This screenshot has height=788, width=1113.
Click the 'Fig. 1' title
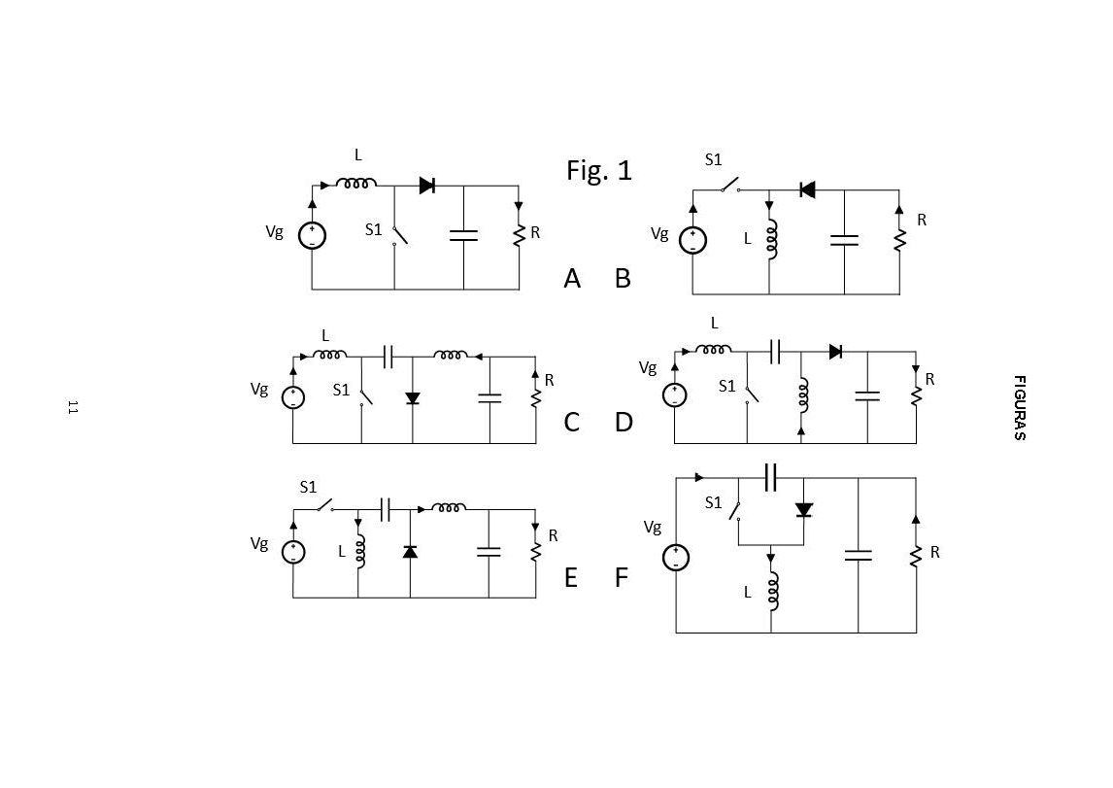[x=599, y=170]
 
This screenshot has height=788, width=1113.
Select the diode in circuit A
[x=426, y=186]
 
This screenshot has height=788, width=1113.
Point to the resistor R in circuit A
[x=519, y=234]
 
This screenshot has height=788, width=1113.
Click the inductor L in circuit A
[x=356, y=183]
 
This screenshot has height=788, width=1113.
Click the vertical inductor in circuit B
[x=771, y=239]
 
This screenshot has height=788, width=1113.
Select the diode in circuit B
[x=806, y=189]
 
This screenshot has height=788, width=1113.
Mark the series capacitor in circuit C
[x=388, y=357]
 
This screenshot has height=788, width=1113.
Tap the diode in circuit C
[x=412, y=397]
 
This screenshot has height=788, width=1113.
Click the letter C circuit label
[x=571, y=423]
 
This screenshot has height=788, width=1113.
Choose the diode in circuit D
[x=835, y=352]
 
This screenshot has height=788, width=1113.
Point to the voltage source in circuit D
[x=675, y=395]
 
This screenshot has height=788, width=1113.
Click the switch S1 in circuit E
[x=321, y=506]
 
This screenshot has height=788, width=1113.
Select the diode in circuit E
[x=410, y=551]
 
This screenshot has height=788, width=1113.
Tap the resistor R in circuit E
[x=535, y=551]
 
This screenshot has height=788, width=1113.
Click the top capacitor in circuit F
[x=771, y=477]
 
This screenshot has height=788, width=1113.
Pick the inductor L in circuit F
[x=773, y=590]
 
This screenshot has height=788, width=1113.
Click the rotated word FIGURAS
[x=1020, y=408]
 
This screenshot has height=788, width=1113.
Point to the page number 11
[x=72, y=407]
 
